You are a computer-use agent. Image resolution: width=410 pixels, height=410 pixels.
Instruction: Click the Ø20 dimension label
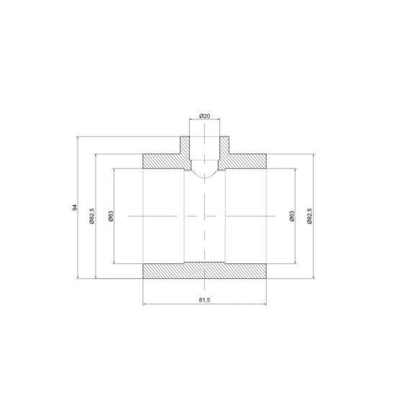click(x=204, y=116)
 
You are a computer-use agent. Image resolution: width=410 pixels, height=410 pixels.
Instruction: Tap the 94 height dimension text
click(x=75, y=208)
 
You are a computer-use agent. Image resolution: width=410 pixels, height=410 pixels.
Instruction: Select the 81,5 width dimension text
click(x=204, y=300)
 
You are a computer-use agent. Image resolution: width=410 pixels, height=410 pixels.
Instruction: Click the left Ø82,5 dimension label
click(x=91, y=217)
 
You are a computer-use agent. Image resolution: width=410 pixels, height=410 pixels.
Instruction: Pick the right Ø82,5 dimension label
click(x=309, y=217)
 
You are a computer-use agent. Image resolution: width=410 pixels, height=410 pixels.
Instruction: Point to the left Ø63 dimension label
click(x=111, y=217)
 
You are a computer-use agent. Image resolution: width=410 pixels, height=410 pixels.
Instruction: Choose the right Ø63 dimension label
click(x=292, y=217)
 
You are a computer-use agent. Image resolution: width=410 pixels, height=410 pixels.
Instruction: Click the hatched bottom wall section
click(x=205, y=270)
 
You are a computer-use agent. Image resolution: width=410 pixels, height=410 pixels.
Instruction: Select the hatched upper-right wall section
click(x=245, y=161)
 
